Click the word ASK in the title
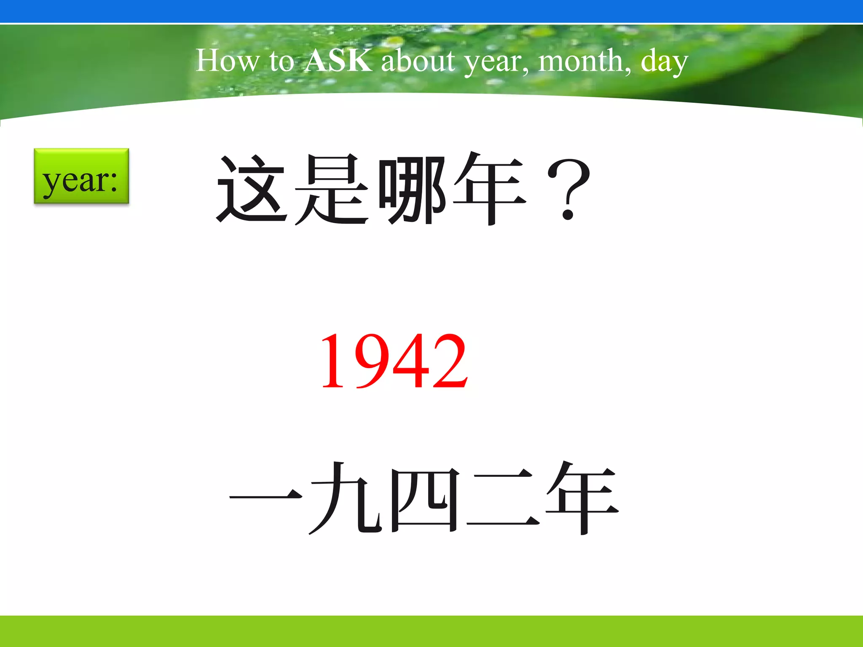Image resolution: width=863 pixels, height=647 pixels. tap(338, 61)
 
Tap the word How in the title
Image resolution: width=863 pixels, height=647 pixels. tap(227, 61)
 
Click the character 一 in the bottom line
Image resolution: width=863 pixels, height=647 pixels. tap(266, 497)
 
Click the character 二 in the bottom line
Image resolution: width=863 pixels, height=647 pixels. tap(503, 500)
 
